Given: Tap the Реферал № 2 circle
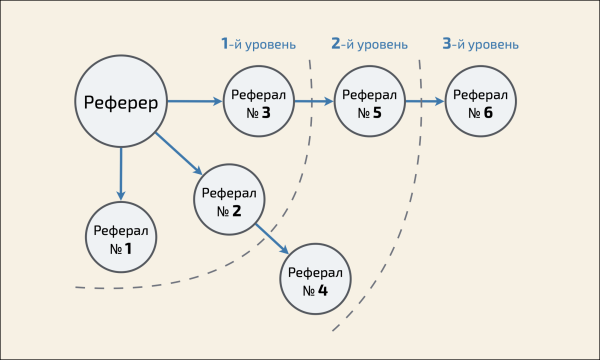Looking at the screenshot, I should [229, 201].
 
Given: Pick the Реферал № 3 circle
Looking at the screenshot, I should [258, 102].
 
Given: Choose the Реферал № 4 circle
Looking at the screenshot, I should [315, 281].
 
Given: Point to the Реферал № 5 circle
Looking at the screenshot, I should [369, 102].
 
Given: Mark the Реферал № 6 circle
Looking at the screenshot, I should [480, 102].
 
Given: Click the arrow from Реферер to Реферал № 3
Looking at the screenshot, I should [194, 101].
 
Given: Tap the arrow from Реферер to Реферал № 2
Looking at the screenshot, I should [180, 156].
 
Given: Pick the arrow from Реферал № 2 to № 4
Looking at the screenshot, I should [271, 240].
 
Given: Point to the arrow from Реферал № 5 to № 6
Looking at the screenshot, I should [425, 102].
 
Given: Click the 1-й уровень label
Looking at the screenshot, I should [258, 44].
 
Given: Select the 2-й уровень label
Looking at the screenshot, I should [369, 44].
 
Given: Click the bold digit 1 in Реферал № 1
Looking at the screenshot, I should [128, 248].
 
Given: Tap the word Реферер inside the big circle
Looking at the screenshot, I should [121, 101].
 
